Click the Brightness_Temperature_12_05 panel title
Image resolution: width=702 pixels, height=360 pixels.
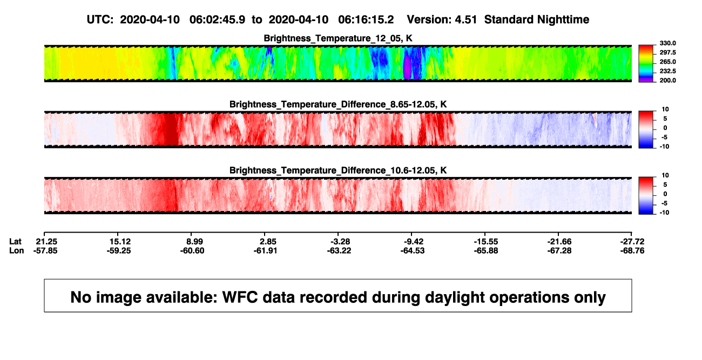337,38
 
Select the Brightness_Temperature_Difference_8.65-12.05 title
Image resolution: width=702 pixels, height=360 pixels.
338,104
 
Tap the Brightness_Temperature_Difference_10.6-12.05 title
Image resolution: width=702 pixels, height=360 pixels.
338,171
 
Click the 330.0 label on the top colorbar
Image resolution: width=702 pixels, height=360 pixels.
667,43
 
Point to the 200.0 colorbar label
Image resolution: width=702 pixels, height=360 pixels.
667,80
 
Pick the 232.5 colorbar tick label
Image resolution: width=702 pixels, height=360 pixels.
667,71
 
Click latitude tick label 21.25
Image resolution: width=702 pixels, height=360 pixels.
46,242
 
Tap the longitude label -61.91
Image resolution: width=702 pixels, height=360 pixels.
265,251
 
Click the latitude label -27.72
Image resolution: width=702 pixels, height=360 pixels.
632,242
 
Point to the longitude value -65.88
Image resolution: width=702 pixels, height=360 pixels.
486,251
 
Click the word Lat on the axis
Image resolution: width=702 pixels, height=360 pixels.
15,242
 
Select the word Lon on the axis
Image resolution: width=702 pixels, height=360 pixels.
16,251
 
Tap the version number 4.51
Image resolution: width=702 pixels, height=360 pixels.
465,20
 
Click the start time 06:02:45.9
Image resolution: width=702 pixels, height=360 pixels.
217,20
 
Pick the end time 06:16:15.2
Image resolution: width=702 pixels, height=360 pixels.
366,20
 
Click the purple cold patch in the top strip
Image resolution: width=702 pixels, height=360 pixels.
407,66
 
